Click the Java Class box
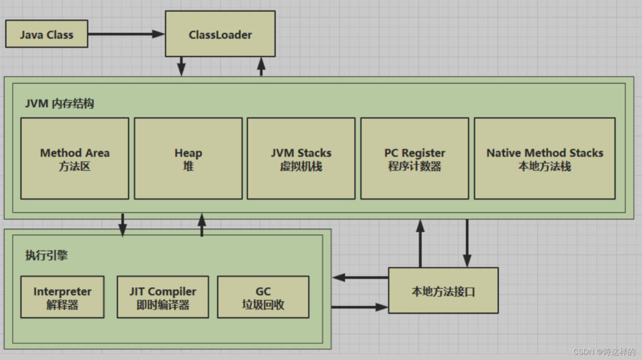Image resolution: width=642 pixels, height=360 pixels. (46, 34)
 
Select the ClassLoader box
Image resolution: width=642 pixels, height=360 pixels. (220, 34)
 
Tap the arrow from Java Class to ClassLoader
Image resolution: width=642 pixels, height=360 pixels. (126, 34)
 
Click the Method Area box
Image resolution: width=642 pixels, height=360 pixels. (75, 159)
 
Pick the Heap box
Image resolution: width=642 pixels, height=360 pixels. (188, 159)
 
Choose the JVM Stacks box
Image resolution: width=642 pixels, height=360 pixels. (302, 159)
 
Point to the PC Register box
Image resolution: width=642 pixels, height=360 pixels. (415, 159)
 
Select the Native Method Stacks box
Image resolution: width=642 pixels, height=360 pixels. (545, 159)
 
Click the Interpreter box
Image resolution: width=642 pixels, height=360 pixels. (63, 297)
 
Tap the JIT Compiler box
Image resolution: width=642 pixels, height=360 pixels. (163, 297)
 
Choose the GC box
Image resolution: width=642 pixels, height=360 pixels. (263, 297)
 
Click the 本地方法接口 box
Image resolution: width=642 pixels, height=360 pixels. (443, 291)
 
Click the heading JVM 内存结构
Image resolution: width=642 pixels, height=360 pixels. (60, 103)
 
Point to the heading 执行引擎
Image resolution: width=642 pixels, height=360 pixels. (46, 255)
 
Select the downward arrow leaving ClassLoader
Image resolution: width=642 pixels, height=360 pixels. (181, 66)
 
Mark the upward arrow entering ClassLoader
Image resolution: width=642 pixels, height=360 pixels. (261, 66)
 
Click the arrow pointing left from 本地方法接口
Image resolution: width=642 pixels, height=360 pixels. (360, 278)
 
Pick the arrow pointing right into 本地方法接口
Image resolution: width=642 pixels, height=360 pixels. (360, 307)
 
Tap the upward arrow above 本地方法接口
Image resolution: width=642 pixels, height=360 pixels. (420, 243)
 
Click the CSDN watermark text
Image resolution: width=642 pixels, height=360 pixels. (604, 351)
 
